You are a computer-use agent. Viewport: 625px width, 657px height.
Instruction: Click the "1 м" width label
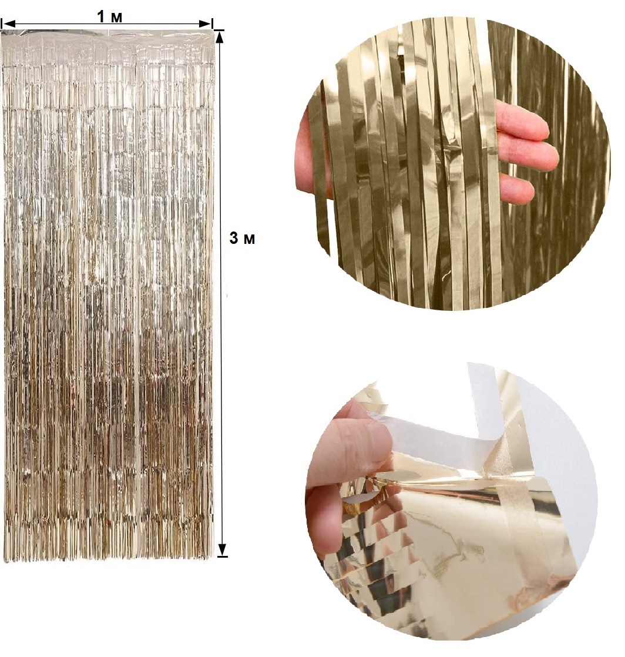tap(110, 17)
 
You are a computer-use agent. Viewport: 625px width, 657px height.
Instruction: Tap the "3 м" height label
tap(242, 238)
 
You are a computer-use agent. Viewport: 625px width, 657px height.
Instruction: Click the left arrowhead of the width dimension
tap(8, 24)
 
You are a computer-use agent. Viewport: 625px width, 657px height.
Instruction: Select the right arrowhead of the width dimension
tap(205, 24)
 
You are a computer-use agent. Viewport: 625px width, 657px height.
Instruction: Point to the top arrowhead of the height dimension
tap(222, 37)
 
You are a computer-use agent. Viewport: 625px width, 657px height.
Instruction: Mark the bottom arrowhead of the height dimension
tap(222, 549)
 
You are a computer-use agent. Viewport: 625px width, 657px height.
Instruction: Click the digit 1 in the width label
tap(101, 17)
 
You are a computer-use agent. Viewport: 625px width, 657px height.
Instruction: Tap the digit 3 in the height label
tap(234, 238)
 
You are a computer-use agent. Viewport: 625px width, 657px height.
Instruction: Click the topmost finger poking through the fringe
tap(522, 121)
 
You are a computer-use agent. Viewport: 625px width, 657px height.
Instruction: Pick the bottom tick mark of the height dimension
tap(223, 557)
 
